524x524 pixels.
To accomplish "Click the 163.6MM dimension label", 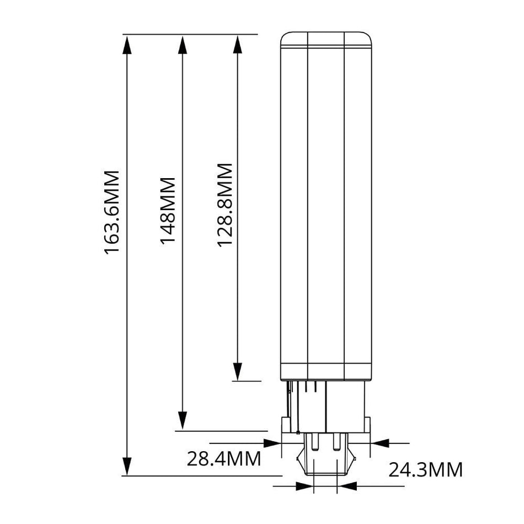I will pyautogui.click(x=113, y=212).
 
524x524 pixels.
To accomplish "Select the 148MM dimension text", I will pyautogui.click(x=168, y=210).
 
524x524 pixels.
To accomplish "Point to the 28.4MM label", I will pyautogui.click(x=223, y=459).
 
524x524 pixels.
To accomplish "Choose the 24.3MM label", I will pyautogui.click(x=426, y=470).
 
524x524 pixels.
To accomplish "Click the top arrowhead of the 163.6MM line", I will pyautogui.click(x=127, y=44).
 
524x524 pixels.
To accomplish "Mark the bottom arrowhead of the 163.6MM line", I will pyautogui.click(x=127, y=466).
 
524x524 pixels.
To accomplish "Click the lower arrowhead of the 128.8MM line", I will pyautogui.click(x=237, y=371).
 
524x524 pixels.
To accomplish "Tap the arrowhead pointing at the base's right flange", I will pyautogui.click(x=381, y=442).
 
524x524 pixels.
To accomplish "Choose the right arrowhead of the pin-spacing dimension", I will pyautogui.click(x=347, y=486).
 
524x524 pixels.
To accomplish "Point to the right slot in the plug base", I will pyautogui.click(x=335, y=442).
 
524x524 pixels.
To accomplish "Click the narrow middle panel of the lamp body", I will pyautogui.click(x=325, y=204).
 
